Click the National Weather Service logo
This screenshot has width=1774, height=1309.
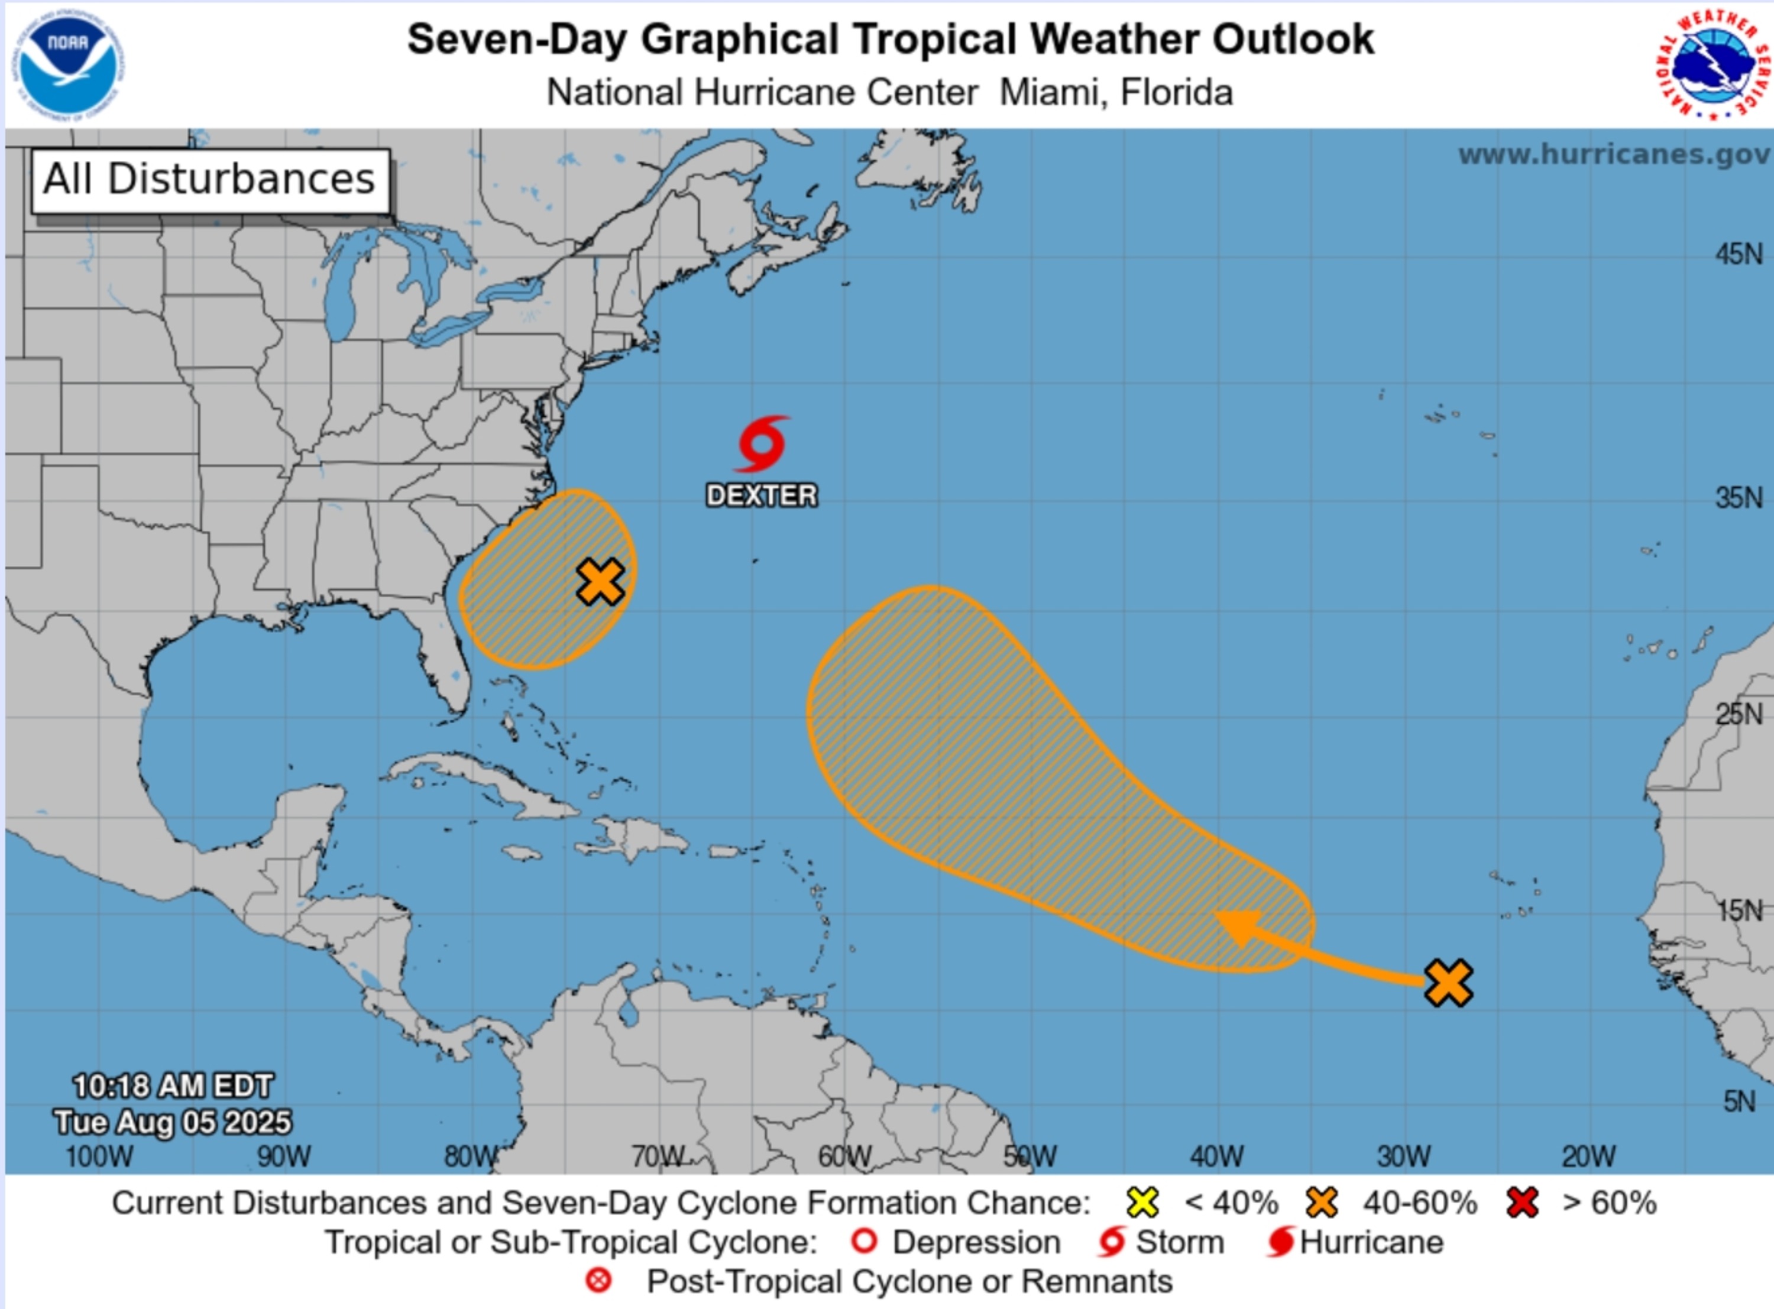point(1712,65)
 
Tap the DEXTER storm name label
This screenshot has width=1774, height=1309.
point(762,496)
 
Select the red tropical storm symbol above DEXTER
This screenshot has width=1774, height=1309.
point(762,444)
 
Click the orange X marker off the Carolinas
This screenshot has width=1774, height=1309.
point(600,582)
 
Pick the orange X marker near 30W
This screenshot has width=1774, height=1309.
point(1448,983)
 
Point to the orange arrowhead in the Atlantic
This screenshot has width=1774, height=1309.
point(1240,925)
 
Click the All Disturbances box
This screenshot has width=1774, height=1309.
point(210,180)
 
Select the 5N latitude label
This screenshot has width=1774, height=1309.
point(1739,1101)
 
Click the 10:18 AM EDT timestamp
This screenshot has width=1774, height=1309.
point(173,1086)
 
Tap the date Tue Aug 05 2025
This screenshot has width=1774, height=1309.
point(173,1122)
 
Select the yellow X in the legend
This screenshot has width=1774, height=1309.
point(1142,1203)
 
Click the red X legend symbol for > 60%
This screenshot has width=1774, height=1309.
point(1522,1203)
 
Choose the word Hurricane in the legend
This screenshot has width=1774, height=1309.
point(1371,1242)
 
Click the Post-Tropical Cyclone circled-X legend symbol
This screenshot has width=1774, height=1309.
point(599,1281)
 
